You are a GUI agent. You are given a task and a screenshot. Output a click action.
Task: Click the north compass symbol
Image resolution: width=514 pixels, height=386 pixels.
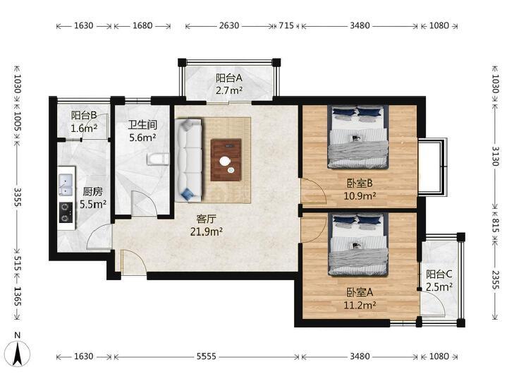(18, 352)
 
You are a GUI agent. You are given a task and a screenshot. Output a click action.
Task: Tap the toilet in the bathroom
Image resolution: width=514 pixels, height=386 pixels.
(158, 159)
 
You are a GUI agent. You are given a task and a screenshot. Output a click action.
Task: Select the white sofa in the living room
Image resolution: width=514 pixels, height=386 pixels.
(188, 160)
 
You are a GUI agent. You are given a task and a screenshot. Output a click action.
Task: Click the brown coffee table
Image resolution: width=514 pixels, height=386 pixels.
(226, 159)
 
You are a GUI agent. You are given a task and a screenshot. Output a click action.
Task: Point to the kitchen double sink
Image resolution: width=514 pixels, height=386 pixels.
(66, 185)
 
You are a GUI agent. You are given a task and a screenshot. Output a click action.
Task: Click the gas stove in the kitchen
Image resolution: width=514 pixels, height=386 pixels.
(66, 212)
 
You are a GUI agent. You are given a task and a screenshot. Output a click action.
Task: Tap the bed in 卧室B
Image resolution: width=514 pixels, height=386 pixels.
(358, 137)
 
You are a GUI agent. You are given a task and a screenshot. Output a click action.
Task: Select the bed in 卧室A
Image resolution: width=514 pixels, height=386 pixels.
(359, 245)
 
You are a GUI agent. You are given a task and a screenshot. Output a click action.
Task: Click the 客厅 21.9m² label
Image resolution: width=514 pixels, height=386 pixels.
(207, 225)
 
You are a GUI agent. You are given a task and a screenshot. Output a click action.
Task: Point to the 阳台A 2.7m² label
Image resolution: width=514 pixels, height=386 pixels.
(229, 84)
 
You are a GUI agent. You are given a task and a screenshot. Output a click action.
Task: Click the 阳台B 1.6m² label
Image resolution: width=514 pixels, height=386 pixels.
(84, 121)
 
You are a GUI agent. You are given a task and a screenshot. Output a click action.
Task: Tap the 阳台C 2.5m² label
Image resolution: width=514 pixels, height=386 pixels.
(439, 280)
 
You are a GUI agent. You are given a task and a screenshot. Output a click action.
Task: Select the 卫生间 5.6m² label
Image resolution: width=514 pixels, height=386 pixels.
(142, 131)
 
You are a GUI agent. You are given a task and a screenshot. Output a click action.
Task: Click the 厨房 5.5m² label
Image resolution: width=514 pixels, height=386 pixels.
(93, 198)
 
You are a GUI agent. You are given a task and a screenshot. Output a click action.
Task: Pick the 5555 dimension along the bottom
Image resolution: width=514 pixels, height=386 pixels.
(206, 356)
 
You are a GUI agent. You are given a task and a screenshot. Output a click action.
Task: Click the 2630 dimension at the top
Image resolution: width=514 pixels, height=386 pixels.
(229, 25)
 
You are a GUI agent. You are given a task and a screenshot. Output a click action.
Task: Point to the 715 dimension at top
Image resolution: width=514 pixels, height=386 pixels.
(286, 25)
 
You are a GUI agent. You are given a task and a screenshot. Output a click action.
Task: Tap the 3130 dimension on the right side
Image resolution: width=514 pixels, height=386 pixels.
(495, 156)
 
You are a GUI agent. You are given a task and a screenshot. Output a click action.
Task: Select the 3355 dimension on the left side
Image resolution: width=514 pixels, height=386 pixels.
(18, 197)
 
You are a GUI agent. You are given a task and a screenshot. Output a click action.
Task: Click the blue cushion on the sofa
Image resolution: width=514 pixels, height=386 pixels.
(188, 194)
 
